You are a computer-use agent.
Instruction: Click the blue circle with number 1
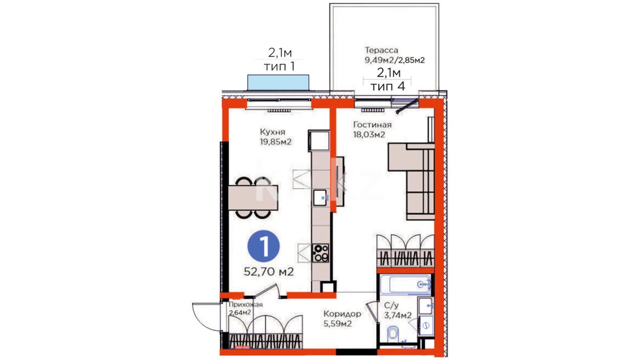point(263,247)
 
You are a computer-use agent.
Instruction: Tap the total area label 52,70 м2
point(269,272)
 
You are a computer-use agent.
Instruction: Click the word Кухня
point(273,132)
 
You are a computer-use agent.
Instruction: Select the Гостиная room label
point(372,125)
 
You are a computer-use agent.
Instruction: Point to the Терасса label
point(381,50)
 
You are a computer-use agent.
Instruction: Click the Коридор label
point(342,314)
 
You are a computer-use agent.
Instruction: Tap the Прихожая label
point(246,305)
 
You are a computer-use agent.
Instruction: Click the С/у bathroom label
point(391,305)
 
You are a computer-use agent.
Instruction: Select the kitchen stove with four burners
point(320,253)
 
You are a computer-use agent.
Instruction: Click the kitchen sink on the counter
point(320,197)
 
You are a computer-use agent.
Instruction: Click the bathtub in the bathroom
point(405,285)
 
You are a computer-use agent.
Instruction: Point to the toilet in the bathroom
point(394,334)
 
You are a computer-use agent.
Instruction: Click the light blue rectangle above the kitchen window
point(278,83)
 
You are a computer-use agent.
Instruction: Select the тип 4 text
point(388,87)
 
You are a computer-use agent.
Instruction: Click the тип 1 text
point(279,67)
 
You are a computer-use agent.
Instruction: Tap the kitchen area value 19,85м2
point(276,142)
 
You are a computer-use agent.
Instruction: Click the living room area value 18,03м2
point(369,135)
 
